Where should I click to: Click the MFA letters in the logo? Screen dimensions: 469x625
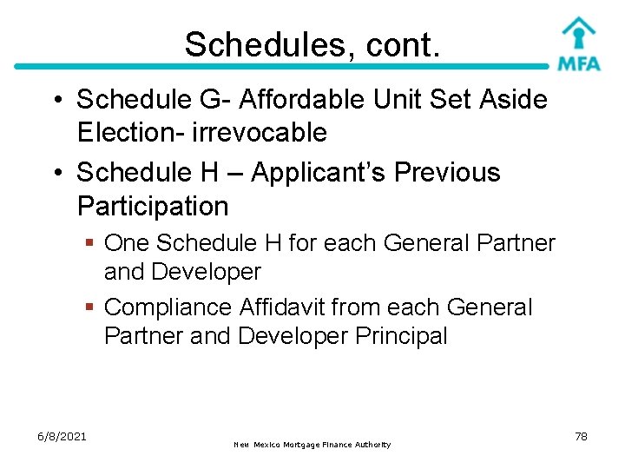[x=578, y=63]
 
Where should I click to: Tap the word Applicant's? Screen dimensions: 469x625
[x=319, y=172]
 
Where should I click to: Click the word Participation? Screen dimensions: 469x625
[x=153, y=206]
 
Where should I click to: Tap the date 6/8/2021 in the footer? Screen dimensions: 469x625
[x=62, y=436]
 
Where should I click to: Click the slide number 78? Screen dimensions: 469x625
[x=581, y=436]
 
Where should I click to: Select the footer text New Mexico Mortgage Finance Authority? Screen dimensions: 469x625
[x=312, y=445]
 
